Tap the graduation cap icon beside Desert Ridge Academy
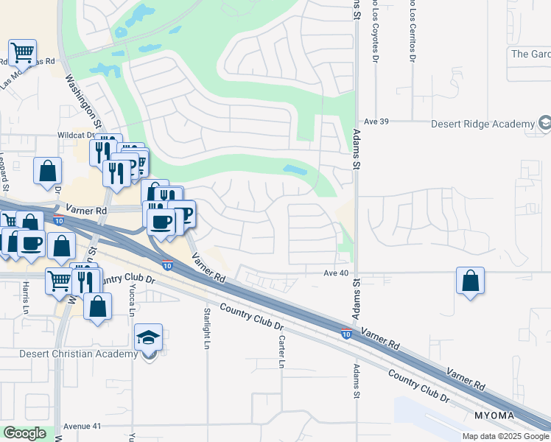pos(545,123)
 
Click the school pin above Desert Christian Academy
pos(149,338)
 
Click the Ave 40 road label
pos(334,273)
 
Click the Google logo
pos(24,433)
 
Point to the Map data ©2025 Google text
pos(505,436)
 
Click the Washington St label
pos(84,101)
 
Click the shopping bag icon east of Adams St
pos(470,281)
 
